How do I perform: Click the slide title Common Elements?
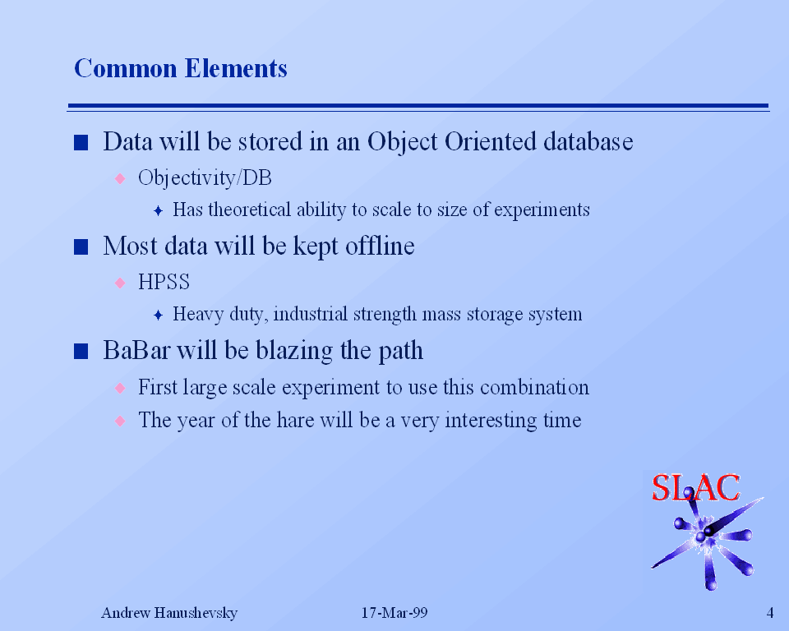pos(181,68)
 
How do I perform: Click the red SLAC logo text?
pos(696,487)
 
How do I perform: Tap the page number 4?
pos(770,612)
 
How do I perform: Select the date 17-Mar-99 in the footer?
pos(394,612)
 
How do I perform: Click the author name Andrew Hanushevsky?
pos(169,613)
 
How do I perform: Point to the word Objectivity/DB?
pos(205,178)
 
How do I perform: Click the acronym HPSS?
pos(164,282)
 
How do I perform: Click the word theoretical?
pos(250,210)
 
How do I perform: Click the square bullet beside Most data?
pos(81,247)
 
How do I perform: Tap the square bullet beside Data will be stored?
pos(81,143)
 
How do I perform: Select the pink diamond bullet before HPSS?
pos(120,283)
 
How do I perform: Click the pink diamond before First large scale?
pos(120,388)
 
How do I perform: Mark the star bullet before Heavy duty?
pos(158,315)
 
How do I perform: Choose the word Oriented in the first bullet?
pos(491,141)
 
